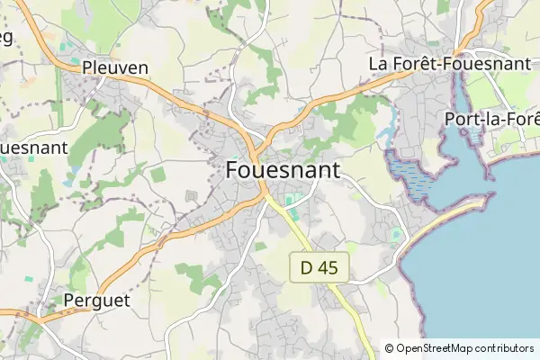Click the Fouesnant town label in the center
pyautogui.click(x=283, y=170)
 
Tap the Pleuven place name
pyautogui.click(x=114, y=67)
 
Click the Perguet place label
pyautogui.click(x=97, y=300)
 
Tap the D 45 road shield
pyautogui.click(x=318, y=267)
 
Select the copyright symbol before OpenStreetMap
pyautogui.click(x=389, y=348)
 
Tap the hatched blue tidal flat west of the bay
pyautogui.click(x=410, y=175)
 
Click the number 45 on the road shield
pyautogui.click(x=327, y=267)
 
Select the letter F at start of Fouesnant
pyautogui.click(x=232, y=170)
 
